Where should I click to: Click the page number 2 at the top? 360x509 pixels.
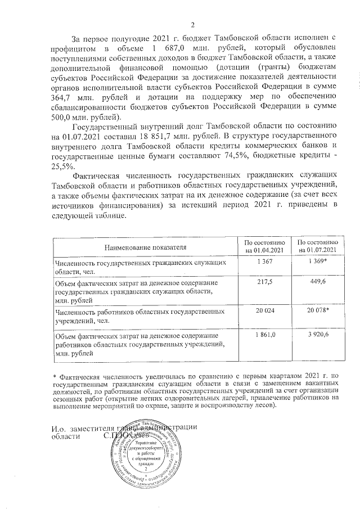pos(192,24)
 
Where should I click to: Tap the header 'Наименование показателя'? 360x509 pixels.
pos(144,246)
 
